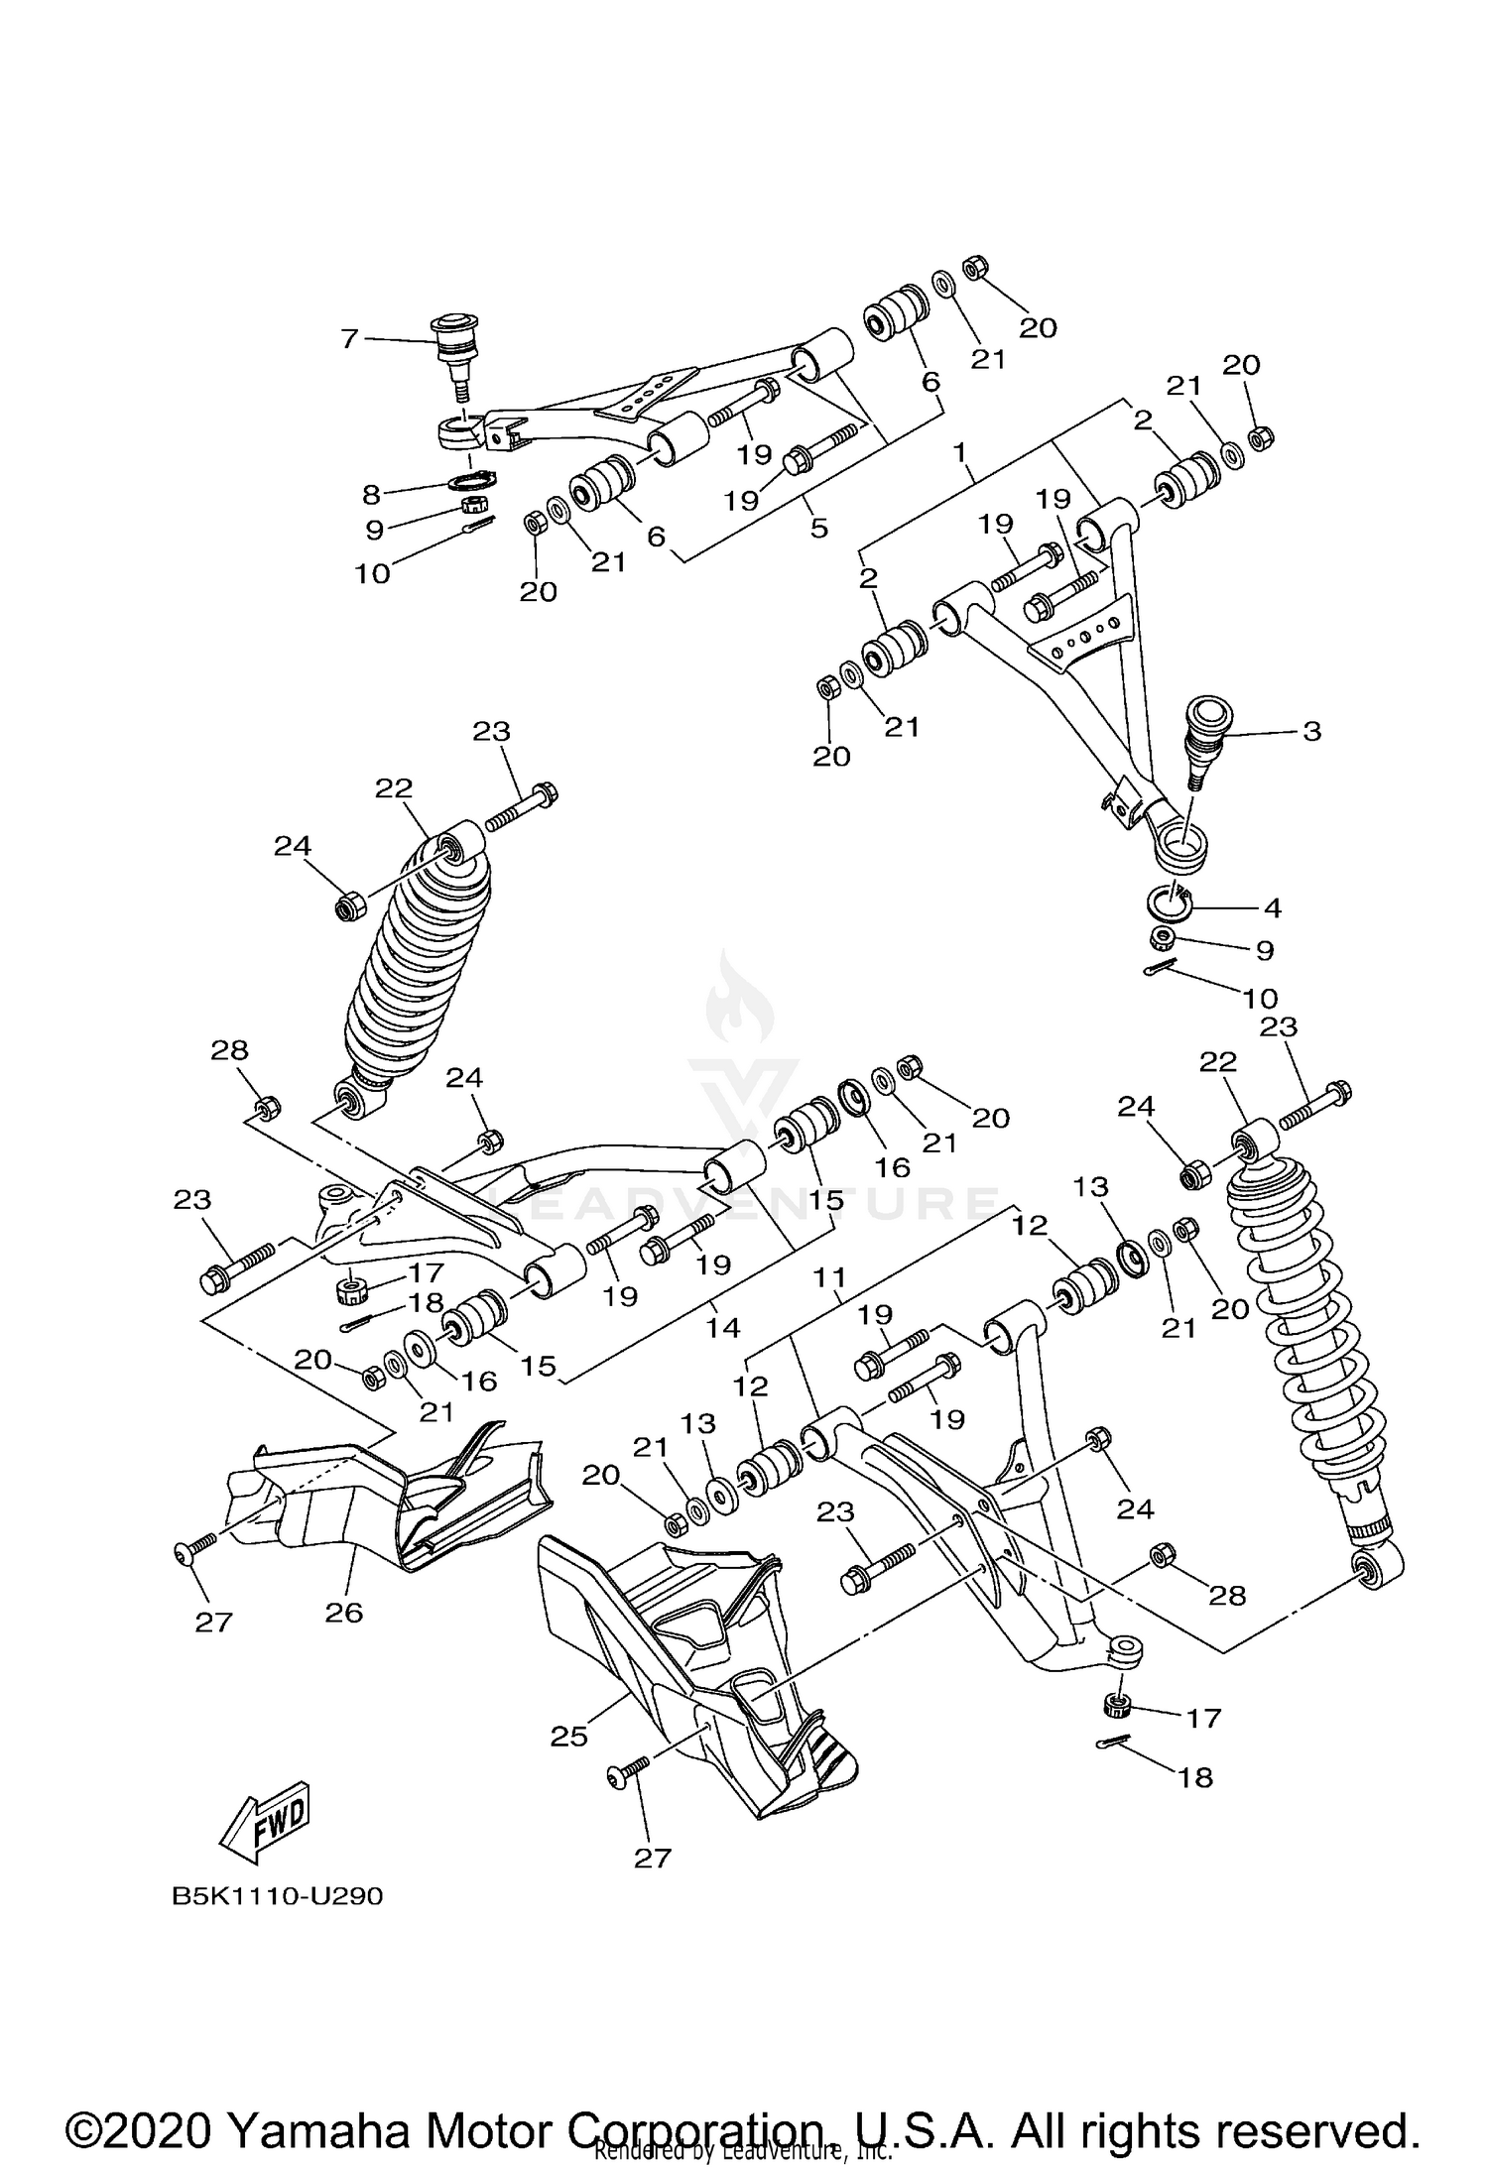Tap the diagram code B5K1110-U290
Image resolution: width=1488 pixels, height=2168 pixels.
pyautogui.click(x=277, y=1896)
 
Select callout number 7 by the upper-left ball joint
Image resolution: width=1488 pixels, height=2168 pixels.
pyautogui.click(x=349, y=339)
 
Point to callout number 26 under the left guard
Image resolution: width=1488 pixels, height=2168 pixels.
pyautogui.click(x=344, y=1613)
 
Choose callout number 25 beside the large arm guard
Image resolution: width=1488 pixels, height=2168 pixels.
pyautogui.click(x=569, y=1736)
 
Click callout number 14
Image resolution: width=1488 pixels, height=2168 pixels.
pyautogui.click(x=723, y=1326)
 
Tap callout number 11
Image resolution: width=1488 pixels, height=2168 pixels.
pyautogui.click(x=829, y=1279)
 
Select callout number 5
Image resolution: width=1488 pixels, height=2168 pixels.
pyautogui.click(x=818, y=527)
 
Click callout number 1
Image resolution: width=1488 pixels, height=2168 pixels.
pyautogui.click(x=959, y=452)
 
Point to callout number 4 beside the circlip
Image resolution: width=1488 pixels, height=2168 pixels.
pyautogui.click(x=1272, y=906)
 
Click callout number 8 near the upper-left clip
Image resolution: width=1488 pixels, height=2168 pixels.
pyautogui.click(x=372, y=494)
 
